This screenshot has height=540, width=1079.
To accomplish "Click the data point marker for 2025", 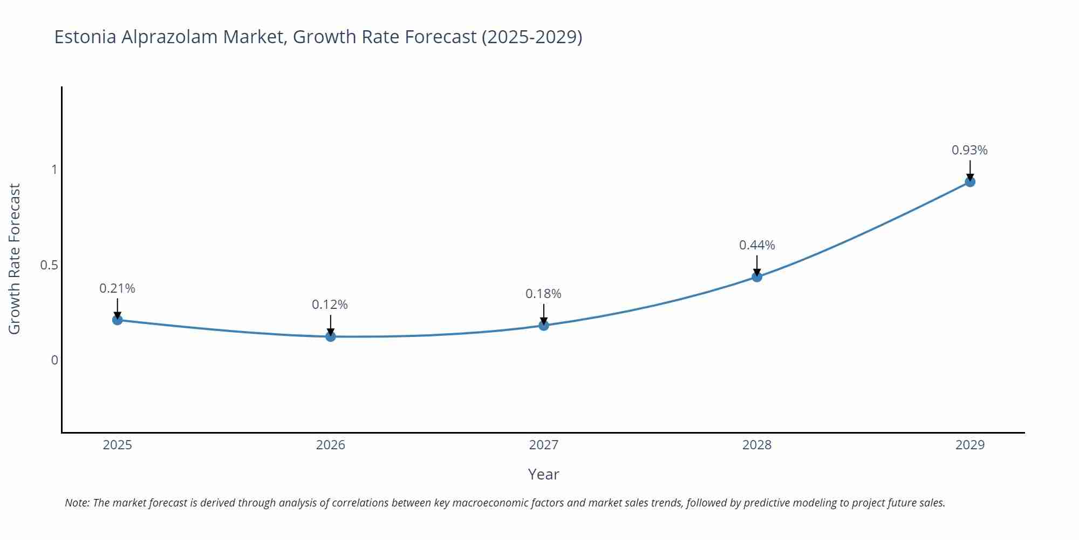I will pos(117,320).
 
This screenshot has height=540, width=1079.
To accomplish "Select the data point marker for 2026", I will pos(330,336).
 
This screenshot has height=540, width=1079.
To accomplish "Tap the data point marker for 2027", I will pos(543,325).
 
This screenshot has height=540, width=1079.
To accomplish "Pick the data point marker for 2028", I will pos(756,277).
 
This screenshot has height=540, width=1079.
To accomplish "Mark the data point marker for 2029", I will pos(969,182).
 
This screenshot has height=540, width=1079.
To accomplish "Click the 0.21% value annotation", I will pos(117,288).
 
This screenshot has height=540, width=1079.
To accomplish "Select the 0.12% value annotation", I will pos(330,305).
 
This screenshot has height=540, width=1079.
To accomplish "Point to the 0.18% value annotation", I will pos(543,294).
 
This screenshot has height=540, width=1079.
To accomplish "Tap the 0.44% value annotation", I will pos(756,245).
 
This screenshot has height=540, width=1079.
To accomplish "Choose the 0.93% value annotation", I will pos(969,150).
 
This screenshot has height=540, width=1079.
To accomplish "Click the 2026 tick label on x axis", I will pos(330,445).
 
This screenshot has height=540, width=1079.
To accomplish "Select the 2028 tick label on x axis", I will pos(756,445).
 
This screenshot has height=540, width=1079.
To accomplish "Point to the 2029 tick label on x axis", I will pos(969,445).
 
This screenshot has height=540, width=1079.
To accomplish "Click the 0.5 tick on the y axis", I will pos(49,265).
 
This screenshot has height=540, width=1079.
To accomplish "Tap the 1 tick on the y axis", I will pos(53,170).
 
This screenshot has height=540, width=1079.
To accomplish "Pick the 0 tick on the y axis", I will pos(54,360).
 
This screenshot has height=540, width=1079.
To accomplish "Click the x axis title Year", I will pos(543,474).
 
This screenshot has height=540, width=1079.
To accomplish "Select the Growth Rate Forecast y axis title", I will pos(15,259).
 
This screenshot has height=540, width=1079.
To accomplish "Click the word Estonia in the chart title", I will pos(85,37).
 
